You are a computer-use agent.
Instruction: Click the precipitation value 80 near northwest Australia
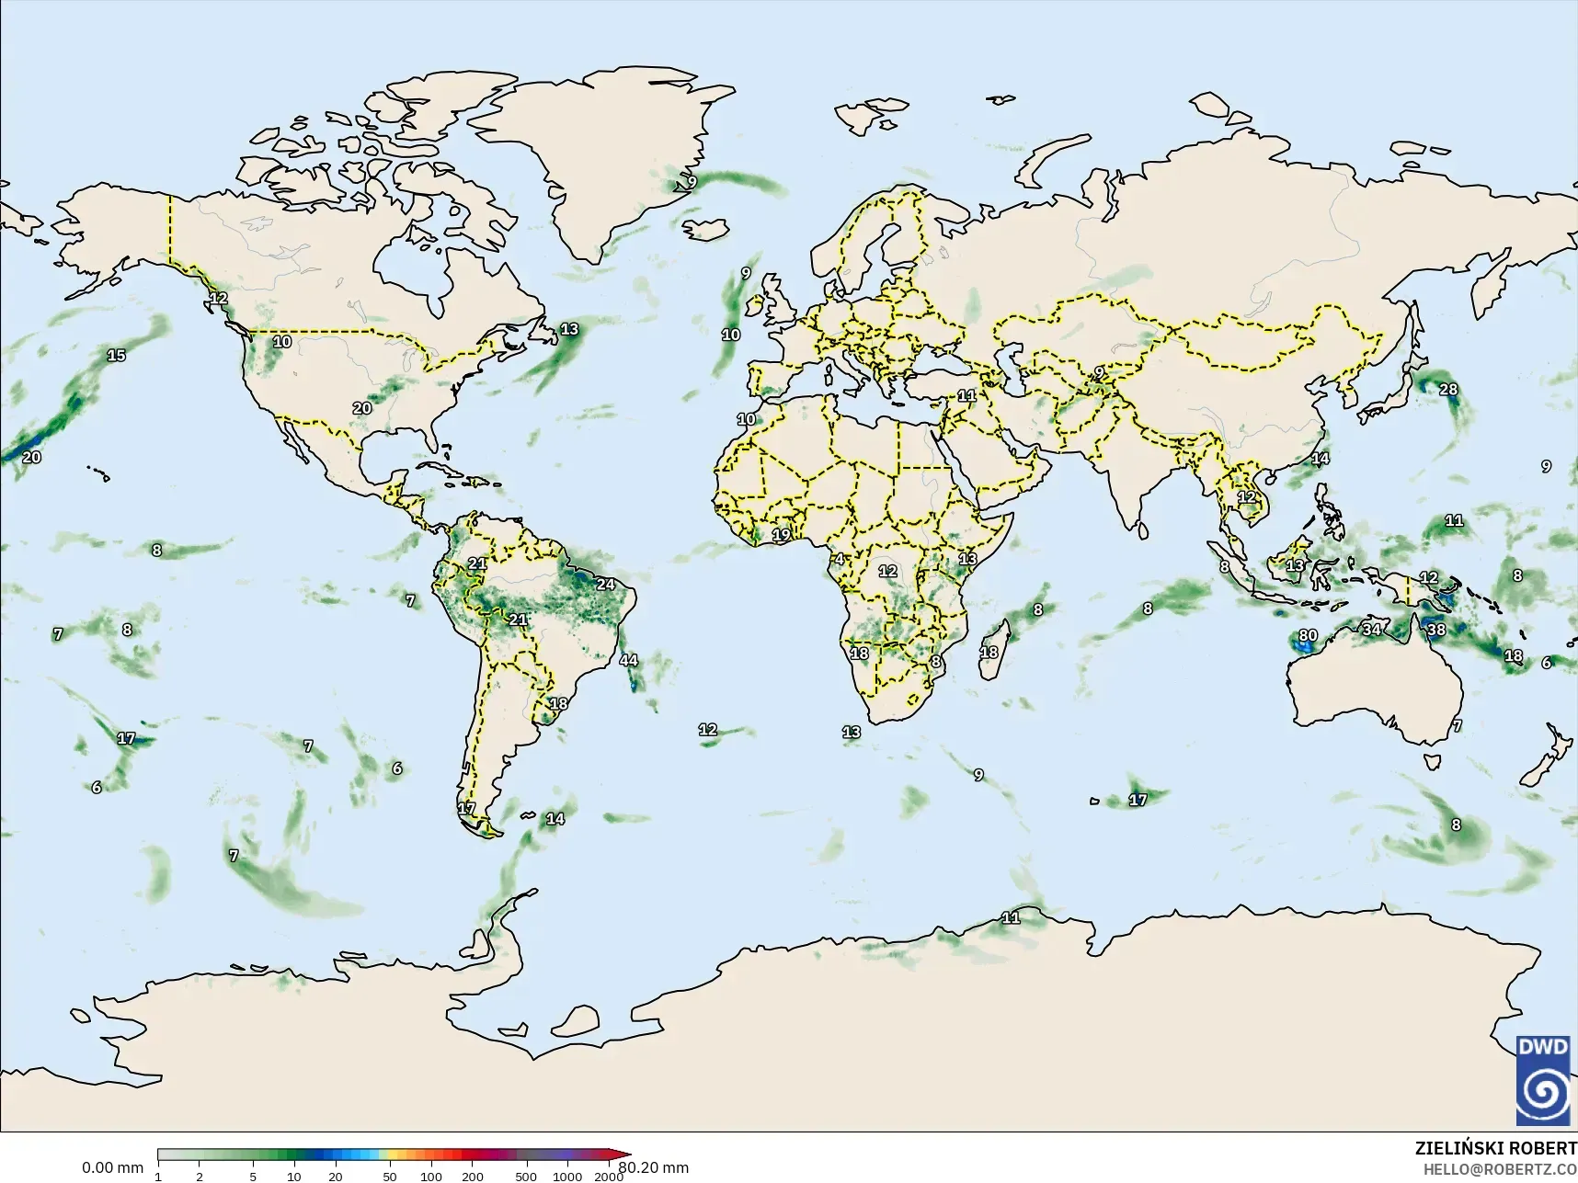point(1308,635)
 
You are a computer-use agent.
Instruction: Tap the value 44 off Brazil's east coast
point(628,660)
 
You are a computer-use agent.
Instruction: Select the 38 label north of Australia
point(1435,630)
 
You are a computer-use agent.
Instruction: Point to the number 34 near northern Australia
point(1371,630)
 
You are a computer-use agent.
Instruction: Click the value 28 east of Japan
point(1447,389)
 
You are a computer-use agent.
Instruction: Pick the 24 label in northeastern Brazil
point(605,584)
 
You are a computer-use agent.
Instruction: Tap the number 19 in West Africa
point(781,535)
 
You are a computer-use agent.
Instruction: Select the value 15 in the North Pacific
point(116,356)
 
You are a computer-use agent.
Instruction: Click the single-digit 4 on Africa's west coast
point(839,560)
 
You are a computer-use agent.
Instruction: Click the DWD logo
point(1546,1080)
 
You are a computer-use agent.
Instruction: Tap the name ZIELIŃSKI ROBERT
point(1495,1149)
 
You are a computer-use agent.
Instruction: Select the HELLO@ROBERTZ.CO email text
point(1500,1169)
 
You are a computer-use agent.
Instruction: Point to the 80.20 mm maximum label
point(653,1168)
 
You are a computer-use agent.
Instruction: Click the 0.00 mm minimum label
point(112,1168)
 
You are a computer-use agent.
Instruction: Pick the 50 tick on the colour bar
point(390,1177)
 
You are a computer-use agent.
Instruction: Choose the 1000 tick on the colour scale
point(567,1177)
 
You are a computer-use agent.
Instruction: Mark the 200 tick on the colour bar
point(473,1177)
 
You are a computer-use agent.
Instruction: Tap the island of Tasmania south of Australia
point(1431,761)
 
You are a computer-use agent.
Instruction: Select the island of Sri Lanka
point(1140,530)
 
